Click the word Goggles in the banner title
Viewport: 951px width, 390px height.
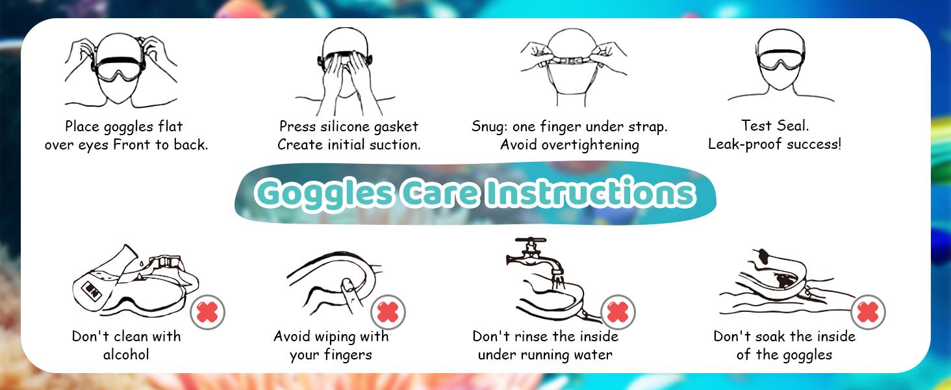point(325,194)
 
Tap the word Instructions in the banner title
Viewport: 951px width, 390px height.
point(590,192)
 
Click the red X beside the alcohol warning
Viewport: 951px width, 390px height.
point(207,312)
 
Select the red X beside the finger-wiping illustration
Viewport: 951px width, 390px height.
point(388,312)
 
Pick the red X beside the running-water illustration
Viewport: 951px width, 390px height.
point(618,312)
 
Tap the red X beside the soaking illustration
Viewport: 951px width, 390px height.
point(868,312)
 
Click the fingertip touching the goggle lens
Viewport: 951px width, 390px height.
point(348,285)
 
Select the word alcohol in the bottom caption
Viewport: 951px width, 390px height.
point(126,354)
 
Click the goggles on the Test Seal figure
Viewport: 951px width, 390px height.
point(780,62)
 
